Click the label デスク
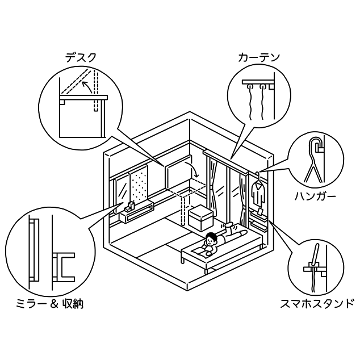(81, 57)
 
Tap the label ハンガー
(315, 197)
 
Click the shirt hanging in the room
(259, 194)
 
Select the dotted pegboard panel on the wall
(140, 188)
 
